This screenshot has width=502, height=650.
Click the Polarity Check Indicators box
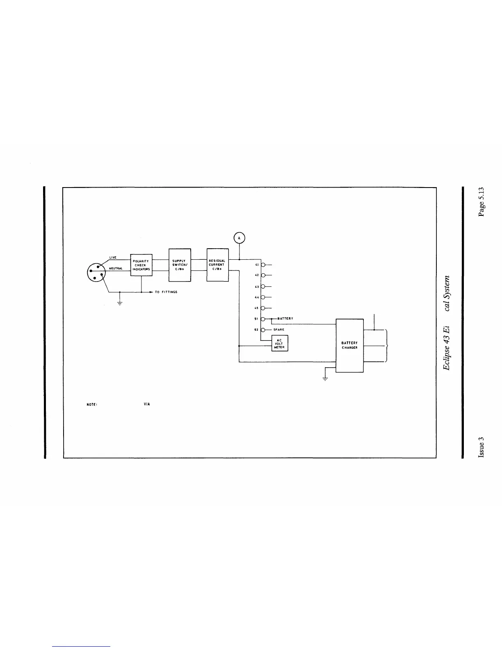tap(141, 265)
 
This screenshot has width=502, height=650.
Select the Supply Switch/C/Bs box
tap(180, 265)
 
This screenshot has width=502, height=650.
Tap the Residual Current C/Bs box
tap(217, 265)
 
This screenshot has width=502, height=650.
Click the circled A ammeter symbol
tap(239, 238)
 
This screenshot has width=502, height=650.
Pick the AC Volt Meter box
tap(279, 343)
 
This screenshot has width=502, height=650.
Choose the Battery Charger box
tap(349, 345)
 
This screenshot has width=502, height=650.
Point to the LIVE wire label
tap(113, 258)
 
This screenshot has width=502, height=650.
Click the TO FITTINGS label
tap(166, 292)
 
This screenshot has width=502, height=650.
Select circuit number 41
tap(257, 265)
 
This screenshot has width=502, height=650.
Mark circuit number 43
tap(257, 286)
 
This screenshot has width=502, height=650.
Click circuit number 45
tap(257, 308)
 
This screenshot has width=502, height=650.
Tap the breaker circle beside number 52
tap(263, 330)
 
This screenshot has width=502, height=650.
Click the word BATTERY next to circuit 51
tap(285, 318)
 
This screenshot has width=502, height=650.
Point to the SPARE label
tap(279, 330)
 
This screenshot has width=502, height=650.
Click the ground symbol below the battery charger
tap(325, 378)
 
